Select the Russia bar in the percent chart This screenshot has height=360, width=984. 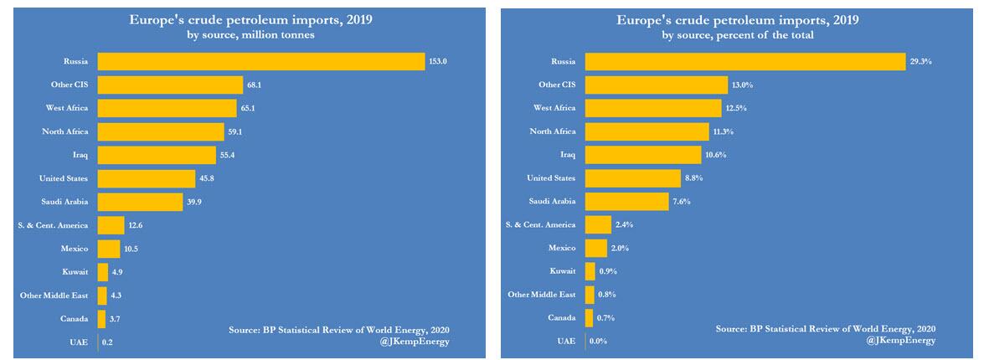(x=745, y=62)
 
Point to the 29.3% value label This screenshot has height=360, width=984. (x=921, y=62)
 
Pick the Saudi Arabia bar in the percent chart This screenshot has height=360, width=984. (x=626, y=202)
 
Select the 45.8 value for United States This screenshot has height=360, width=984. (x=210, y=178)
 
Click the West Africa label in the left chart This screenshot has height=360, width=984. (x=67, y=108)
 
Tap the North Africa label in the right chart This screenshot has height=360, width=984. (x=553, y=131)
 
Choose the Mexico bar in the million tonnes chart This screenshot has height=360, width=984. (x=109, y=249)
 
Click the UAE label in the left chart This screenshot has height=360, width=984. (x=79, y=342)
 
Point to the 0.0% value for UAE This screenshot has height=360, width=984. (x=598, y=342)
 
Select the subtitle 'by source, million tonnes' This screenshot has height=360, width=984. (x=251, y=35)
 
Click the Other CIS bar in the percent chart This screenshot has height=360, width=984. (x=656, y=85)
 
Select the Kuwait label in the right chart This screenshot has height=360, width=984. (x=563, y=271)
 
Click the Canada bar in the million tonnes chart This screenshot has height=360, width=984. (x=102, y=318)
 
